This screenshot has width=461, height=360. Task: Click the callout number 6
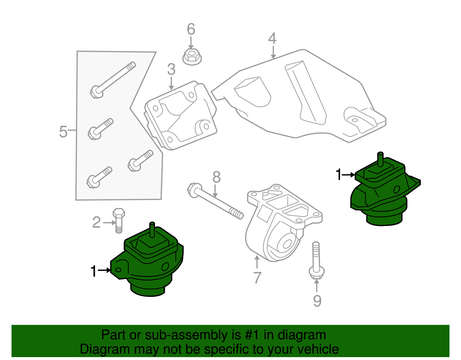(x=191, y=29)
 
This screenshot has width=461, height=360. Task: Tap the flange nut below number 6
(x=192, y=56)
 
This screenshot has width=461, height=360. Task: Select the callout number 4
(x=272, y=39)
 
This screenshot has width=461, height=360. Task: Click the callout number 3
(x=171, y=69)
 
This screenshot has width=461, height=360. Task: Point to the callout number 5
(x=63, y=132)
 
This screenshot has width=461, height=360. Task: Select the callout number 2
(x=97, y=223)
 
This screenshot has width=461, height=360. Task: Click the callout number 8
(x=216, y=177)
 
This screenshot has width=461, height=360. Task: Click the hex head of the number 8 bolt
(x=193, y=190)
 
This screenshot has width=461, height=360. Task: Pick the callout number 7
(x=257, y=278)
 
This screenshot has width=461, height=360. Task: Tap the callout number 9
(x=317, y=301)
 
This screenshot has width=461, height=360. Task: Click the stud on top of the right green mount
(x=380, y=159)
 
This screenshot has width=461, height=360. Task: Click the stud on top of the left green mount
(x=152, y=229)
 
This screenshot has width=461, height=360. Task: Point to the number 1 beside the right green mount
(x=339, y=175)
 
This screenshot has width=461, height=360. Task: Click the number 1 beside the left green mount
(x=93, y=271)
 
